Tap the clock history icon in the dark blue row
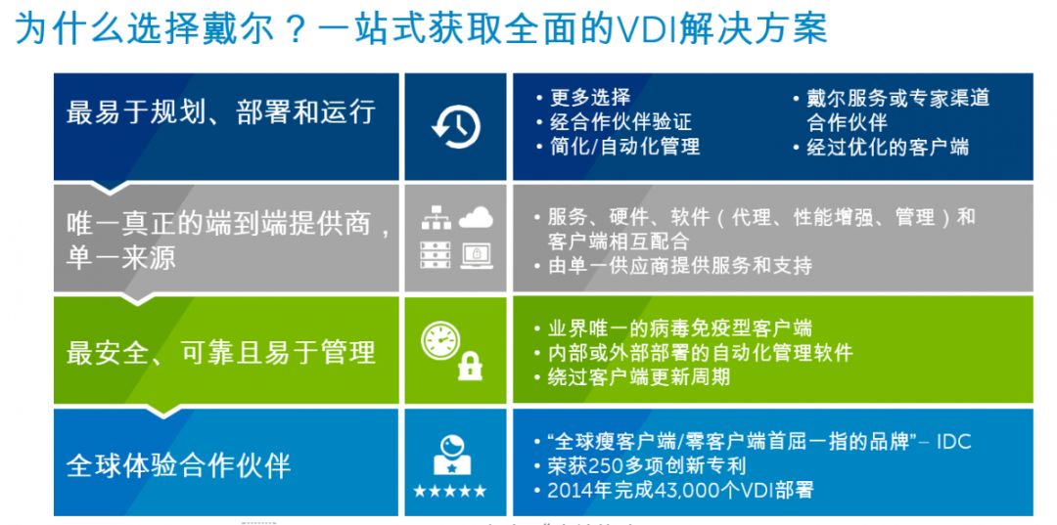(456, 126)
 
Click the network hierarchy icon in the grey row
(436, 217)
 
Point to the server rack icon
(436, 255)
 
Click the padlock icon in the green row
(470, 366)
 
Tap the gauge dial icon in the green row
(440, 340)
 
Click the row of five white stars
(449, 492)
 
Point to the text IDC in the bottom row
(953, 442)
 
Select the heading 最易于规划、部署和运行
(220, 111)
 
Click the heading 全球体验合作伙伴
(179, 465)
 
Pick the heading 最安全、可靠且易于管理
(220, 353)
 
